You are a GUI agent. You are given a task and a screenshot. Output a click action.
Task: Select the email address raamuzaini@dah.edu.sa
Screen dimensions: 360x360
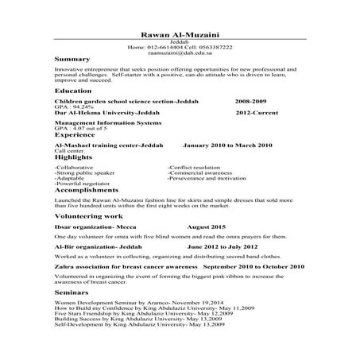pyautogui.click(x=180, y=53)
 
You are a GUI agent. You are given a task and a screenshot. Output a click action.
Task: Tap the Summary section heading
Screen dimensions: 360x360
pyautogui.click(x=72, y=61)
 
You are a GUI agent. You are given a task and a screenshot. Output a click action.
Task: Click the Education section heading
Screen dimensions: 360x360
pyautogui.click(x=73, y=92)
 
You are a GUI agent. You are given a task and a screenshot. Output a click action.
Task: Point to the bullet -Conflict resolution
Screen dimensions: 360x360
pyautogui.click(x=194, y=168)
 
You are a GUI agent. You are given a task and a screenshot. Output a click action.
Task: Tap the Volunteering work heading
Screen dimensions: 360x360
pyautogui.click(x=88, y=215)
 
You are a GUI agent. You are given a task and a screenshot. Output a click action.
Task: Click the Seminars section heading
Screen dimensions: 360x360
pyautogui.click(x=72, y=293)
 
